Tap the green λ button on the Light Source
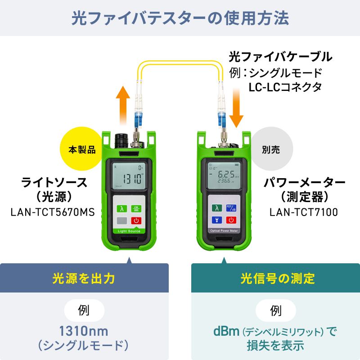(121, 208)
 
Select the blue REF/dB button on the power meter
(231, 208)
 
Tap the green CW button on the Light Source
(136, 208)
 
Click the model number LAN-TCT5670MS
(53, 211)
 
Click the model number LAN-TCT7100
(304, 211)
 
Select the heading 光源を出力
(84, 278)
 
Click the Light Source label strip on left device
(129, 231)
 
